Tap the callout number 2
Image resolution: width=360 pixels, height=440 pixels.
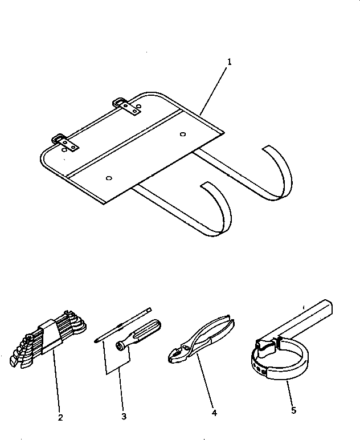coord(60,417)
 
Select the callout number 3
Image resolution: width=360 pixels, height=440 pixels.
coord(124,417)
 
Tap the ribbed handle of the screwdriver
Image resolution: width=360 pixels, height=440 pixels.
coord(147,331)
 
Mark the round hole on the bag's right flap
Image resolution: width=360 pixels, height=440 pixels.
coord(182,135)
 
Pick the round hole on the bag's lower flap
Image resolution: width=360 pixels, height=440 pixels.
coord(109,178)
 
